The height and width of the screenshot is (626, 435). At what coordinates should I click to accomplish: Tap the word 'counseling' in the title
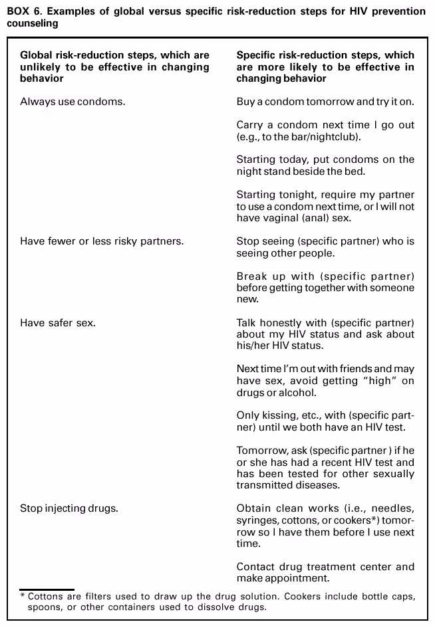pos(31,23)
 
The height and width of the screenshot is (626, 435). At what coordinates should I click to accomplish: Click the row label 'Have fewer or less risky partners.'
pos(102,241)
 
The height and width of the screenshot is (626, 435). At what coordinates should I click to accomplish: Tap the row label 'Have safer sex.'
pos(58,322)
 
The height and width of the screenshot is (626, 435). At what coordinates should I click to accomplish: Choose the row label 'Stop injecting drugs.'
pos(69,508)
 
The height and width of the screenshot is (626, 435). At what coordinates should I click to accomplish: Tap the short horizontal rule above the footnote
pos(47,589)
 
